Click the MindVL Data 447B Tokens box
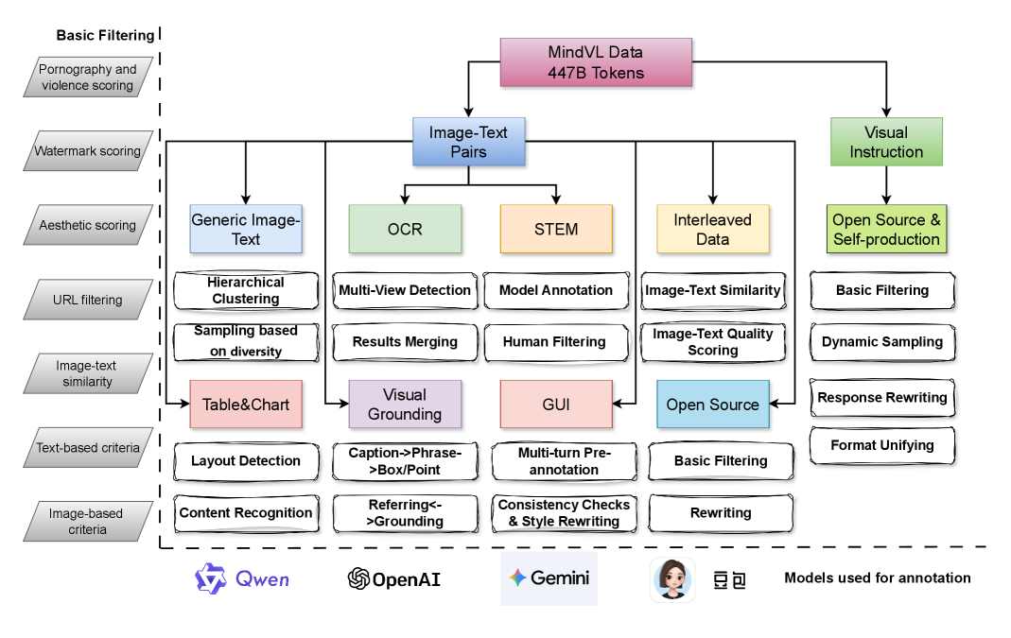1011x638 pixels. coord(596,62)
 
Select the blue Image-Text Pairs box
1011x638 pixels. coord(469,143)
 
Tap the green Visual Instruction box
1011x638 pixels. coord(885,142)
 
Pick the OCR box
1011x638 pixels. coord(405,229)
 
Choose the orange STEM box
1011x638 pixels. coord(556,229)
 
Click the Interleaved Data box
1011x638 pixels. coord(712,229)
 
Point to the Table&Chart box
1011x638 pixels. coord(245,405)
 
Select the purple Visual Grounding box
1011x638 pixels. coord(405,405)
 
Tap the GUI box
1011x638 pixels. coord(556,405)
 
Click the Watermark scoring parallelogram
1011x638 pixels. coord(88,151)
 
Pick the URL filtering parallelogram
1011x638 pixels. coord(88,301)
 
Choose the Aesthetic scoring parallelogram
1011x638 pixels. coord(88,226)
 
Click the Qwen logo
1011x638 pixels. coord(242,578)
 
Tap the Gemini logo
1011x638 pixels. coord(549,578)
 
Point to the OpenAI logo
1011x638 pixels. coord(394,578)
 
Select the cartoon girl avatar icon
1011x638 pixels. coord(672,578)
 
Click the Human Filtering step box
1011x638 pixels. coord(554,342)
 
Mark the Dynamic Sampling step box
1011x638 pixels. coord(882,342)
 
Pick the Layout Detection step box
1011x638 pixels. coord(246,461)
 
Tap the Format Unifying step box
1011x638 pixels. coord(882,445)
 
